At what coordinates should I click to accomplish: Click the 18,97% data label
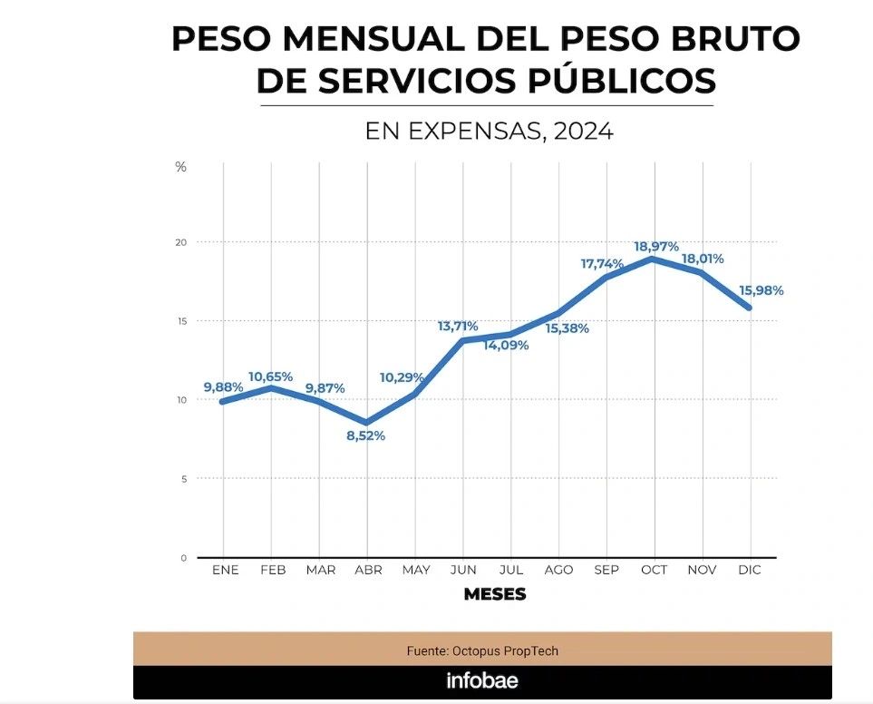click(x=656, y=247)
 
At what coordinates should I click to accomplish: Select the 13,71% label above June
click(x=458, y=326)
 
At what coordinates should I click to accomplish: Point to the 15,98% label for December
click(x=761, y=290)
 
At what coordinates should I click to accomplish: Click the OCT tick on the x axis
click(x=654, y=570)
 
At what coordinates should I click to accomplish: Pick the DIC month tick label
click(x=750, y=570)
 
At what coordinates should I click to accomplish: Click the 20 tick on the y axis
click(x=181, y=242)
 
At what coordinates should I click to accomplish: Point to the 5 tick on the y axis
click(x=183, y=478)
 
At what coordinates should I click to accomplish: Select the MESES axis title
click(x=494, y=595)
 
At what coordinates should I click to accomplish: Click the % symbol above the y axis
click(x=181, y=167)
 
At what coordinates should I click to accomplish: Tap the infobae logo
click(x=482, y=680)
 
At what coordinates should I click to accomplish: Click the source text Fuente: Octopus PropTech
click(x=482, y=651)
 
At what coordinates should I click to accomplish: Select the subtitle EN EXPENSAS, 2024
click(x=489, y=132)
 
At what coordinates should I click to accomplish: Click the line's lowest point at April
click(x=366, y=423)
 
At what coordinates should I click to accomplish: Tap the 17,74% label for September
click(x=603, y=264)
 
